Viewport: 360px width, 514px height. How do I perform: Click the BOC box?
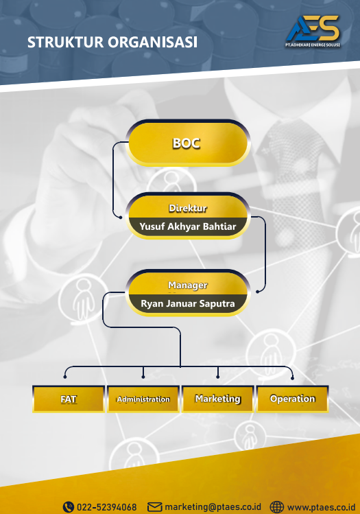188,143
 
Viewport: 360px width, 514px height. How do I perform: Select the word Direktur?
188,208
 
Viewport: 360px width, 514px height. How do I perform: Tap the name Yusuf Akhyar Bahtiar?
188,226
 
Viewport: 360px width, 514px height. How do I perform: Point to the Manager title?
188,285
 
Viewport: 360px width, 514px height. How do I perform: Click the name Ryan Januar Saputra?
188,303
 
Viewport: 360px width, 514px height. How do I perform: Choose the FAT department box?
69,399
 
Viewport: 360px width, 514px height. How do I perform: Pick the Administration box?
143,399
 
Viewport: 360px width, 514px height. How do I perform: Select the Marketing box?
218,399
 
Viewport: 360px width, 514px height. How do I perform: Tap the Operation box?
293,399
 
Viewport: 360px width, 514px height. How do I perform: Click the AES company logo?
313,31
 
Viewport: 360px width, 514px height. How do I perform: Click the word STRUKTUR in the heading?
65,43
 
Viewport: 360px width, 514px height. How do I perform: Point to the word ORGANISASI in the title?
153,43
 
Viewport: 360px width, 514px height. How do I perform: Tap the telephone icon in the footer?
69,506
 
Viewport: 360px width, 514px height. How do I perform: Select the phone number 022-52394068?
107,507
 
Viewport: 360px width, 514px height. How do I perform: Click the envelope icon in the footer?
154,506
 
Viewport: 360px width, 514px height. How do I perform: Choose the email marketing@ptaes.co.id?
213,506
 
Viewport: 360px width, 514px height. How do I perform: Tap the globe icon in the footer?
276,506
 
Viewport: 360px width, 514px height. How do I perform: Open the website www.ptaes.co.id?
321,507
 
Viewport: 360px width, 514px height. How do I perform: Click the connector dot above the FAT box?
65,377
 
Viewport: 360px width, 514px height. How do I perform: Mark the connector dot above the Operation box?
293,378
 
